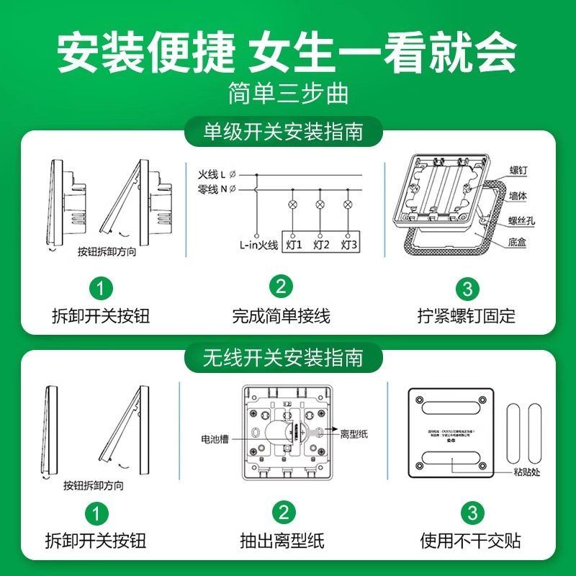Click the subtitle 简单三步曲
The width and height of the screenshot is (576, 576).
[287, 94]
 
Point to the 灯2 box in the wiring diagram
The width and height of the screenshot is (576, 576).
[321, 245]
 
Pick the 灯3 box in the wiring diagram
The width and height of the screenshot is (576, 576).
[348, 245]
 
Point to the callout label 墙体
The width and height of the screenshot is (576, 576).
[517, 195]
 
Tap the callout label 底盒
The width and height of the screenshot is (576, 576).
[517, 243]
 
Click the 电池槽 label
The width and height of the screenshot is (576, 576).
[215, 438]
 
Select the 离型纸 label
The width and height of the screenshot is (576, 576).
[354, 433]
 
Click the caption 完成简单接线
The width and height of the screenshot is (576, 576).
[281, 315]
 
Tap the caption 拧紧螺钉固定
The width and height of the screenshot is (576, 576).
[467, 315]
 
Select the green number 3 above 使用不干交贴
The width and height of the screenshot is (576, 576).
[472, 513]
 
